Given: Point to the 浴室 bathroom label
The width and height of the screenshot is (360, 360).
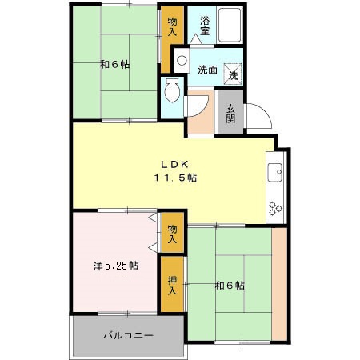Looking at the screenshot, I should [205, 26].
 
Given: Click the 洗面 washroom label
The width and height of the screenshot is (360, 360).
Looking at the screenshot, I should [207, 70].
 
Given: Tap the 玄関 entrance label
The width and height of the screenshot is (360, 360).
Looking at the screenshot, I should [230, 114].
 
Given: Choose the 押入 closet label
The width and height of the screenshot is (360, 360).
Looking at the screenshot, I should [172, 285].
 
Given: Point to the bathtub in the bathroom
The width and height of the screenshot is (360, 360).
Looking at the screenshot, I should [233, 26].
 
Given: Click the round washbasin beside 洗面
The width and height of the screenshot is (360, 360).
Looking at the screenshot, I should [182, 60].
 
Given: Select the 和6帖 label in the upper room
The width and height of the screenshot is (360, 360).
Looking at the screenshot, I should [115, 64].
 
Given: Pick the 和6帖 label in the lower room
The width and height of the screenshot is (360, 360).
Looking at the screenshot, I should [229, 286].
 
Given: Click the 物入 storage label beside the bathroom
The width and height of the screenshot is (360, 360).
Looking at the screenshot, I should [172, 27].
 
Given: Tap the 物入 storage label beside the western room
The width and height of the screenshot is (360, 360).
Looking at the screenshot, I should [171, 234].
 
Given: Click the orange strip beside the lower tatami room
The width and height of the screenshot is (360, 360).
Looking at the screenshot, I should [279, 284].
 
